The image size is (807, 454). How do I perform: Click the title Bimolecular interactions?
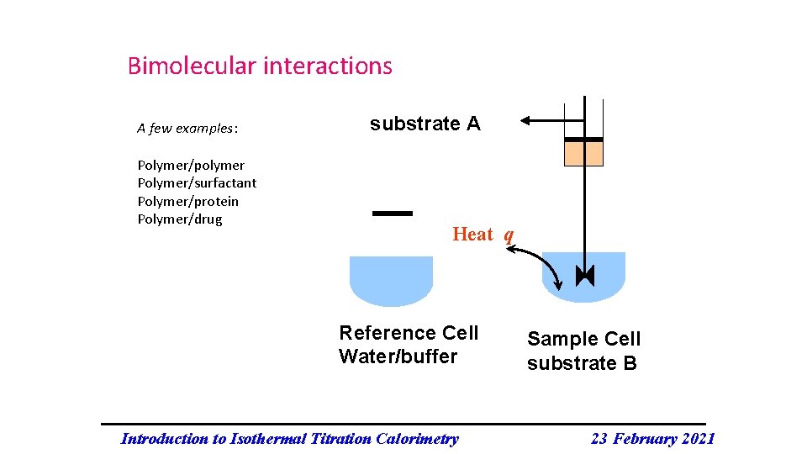click(x=260, y=66)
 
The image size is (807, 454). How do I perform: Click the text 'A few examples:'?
click(x=187, y=129)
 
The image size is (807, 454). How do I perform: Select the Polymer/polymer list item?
click(x=191, y=165)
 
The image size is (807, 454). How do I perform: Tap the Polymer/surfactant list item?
click(x=197, y=183)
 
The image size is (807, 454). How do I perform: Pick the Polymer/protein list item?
click(x=187, y=202)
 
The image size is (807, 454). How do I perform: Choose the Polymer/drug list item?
click(x=180, y=219)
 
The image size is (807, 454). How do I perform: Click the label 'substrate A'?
click(x=425, y=124)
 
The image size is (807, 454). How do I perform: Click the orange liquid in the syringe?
click(x=583, y=154)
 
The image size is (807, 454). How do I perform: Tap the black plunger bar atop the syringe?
click(x=583, y=139)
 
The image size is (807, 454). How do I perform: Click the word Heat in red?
click(x=472, y=235)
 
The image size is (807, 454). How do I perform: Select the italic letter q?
click(x=509, y=235)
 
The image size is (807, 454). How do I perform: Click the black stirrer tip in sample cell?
click(x=584, y=276)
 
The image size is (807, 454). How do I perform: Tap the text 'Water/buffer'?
click(x=398, y=356)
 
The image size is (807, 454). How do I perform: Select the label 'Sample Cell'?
click(x=583, y=340)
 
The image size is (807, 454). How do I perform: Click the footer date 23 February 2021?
click(x=652, y=438)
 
